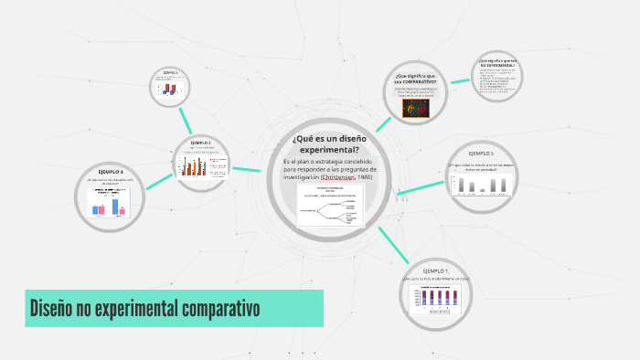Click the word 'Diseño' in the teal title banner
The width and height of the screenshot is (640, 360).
click(53, 309)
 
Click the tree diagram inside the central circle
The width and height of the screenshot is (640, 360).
click(330, 208)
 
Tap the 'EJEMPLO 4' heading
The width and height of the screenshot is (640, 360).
click(111, 172)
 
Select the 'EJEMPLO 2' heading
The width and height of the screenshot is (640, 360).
click(201, 143)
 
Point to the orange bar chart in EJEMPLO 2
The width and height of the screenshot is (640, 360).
click(195, 166)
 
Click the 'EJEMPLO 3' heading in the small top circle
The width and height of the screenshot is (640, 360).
click(171, 72)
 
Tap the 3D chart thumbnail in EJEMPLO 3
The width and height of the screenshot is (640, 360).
click(171, 88)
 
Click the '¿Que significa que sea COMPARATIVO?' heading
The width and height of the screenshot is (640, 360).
click(415, 78)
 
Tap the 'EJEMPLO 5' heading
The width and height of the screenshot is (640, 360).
click(481, 154)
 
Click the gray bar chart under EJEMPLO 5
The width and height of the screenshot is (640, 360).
click(482, 185)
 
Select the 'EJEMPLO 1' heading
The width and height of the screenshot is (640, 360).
click(435, 271)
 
